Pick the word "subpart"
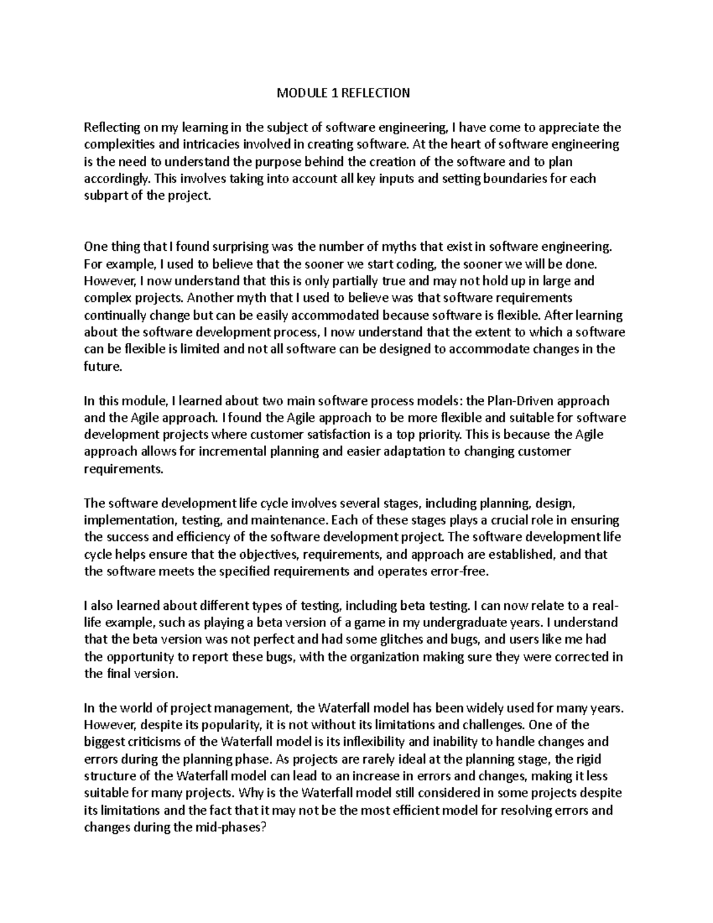tap(105, 196)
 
